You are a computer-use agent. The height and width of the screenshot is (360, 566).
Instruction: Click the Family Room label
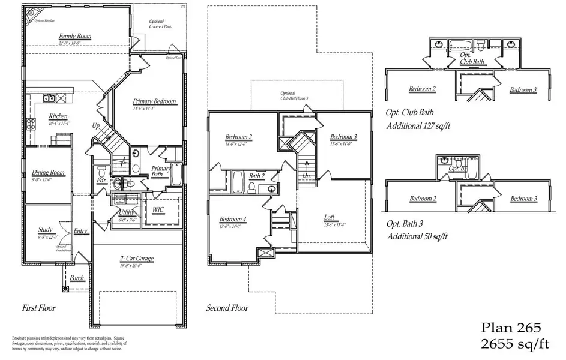coord(75,37)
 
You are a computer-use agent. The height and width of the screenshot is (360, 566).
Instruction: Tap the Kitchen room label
coord(58,116)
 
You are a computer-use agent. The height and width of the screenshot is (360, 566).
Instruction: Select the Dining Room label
coord(48,173)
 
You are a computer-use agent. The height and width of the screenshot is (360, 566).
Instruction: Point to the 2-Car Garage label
coord(136,259)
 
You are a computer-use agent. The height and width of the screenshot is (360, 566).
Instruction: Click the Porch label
coord(77,278)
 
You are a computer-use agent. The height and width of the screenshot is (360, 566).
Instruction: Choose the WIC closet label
coord(158,209)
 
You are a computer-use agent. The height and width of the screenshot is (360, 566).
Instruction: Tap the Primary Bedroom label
coord(154,102)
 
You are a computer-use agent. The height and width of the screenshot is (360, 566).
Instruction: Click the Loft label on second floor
coord(329,218)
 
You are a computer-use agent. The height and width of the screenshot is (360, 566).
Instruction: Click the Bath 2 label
coord(257,176)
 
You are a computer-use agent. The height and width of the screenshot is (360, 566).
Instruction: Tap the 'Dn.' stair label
coord(307,176)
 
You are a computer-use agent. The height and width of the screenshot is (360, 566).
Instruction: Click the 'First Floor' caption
coord(39,308)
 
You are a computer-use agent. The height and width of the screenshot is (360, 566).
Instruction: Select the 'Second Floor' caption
coord(227,308)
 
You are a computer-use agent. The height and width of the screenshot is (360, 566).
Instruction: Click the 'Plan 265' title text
coord(512,328)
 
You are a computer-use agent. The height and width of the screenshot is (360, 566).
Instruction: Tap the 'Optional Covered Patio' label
coord(160,24)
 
